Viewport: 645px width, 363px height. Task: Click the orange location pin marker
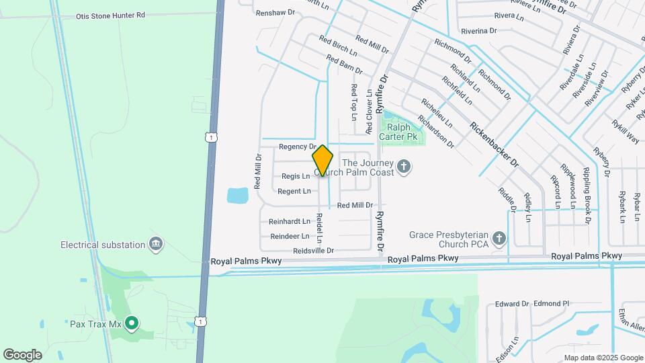322,161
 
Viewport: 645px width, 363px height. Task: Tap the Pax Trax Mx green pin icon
132,324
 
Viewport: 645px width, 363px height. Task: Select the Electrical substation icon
157,243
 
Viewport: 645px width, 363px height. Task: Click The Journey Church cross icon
404,166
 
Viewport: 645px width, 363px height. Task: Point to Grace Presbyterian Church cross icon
499,238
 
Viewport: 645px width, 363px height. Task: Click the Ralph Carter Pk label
398,132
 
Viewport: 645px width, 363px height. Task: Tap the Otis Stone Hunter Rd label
110,15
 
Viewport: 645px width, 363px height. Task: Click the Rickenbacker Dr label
495,145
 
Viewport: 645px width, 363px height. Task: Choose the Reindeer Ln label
290,236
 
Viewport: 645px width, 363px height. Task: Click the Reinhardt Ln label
290,221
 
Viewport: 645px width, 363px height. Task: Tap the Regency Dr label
297,147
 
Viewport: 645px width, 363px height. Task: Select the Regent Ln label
294,192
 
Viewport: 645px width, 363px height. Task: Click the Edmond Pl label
552,304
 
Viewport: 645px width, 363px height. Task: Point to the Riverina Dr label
479,31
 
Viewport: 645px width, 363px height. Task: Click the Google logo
22,354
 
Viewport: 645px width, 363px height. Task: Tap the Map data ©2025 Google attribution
603,358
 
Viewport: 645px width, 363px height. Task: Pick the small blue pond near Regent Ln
238,196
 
